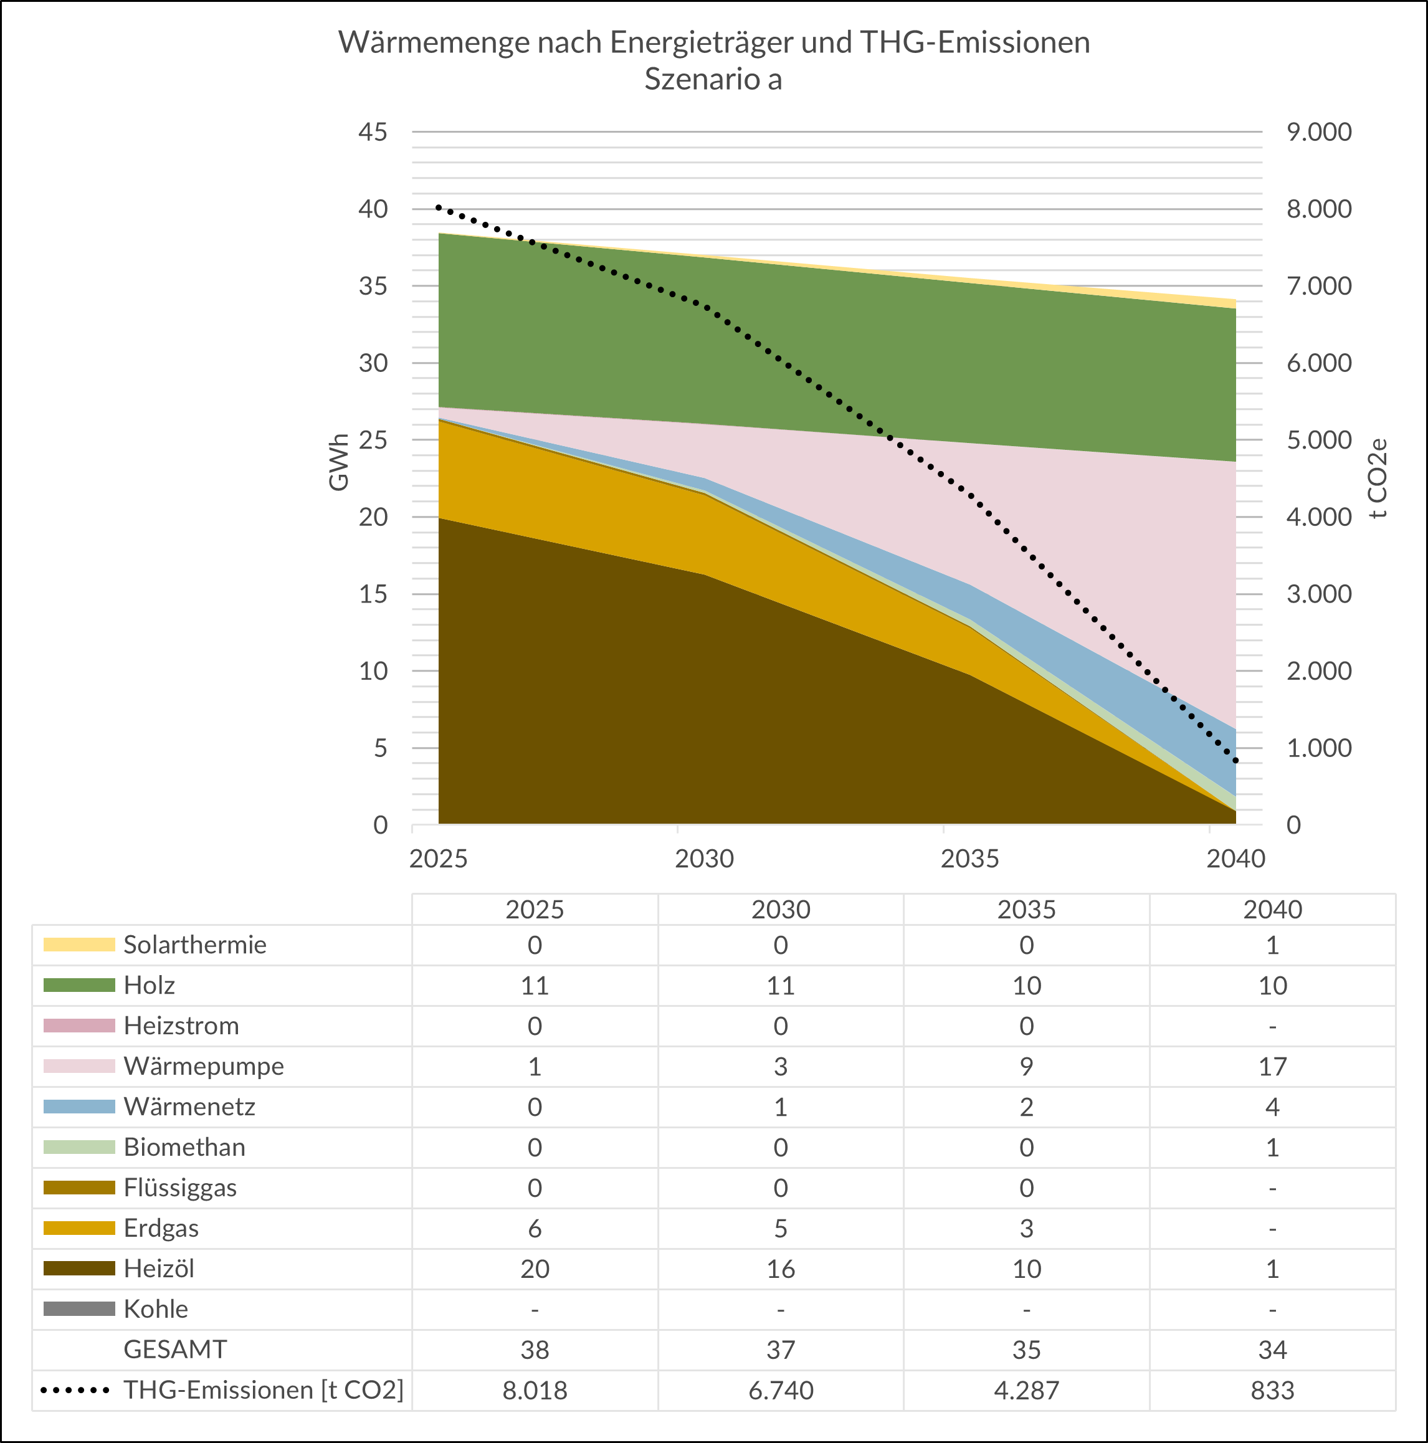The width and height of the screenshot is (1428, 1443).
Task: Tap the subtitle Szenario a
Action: [713, 79]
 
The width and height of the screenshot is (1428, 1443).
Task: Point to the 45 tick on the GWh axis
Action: [373, 132]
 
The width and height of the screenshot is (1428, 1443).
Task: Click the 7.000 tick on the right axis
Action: [1319, 286]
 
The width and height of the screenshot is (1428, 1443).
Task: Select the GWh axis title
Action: [338, 462]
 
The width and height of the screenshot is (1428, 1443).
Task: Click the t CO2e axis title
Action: [1379, 478]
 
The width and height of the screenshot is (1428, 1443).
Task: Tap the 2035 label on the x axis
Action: [969, 859]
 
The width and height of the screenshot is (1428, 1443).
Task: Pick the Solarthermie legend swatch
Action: [79, 945]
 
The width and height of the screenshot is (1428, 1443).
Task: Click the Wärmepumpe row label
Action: [204, 1066]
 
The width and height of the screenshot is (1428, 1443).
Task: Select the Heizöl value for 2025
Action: [535, 1269]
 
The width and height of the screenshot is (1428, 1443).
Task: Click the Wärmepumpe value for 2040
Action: [1273, 1067]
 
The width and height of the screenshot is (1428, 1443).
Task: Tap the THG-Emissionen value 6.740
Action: [781, 1391]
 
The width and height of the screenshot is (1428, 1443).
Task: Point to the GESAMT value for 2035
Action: [1027, 1350]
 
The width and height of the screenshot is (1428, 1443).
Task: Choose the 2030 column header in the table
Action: [781, 910]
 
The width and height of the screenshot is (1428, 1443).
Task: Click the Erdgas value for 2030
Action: [781, 1229]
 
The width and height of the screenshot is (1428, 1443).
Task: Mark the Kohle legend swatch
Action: [79, 1309]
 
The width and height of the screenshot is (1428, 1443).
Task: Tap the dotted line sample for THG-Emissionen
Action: [75, 1391]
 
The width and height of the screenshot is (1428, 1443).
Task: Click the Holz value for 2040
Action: [1273, 986]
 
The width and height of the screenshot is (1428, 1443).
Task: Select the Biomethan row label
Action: [184, 1147]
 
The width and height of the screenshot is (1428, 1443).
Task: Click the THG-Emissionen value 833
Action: [1273, 1391]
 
